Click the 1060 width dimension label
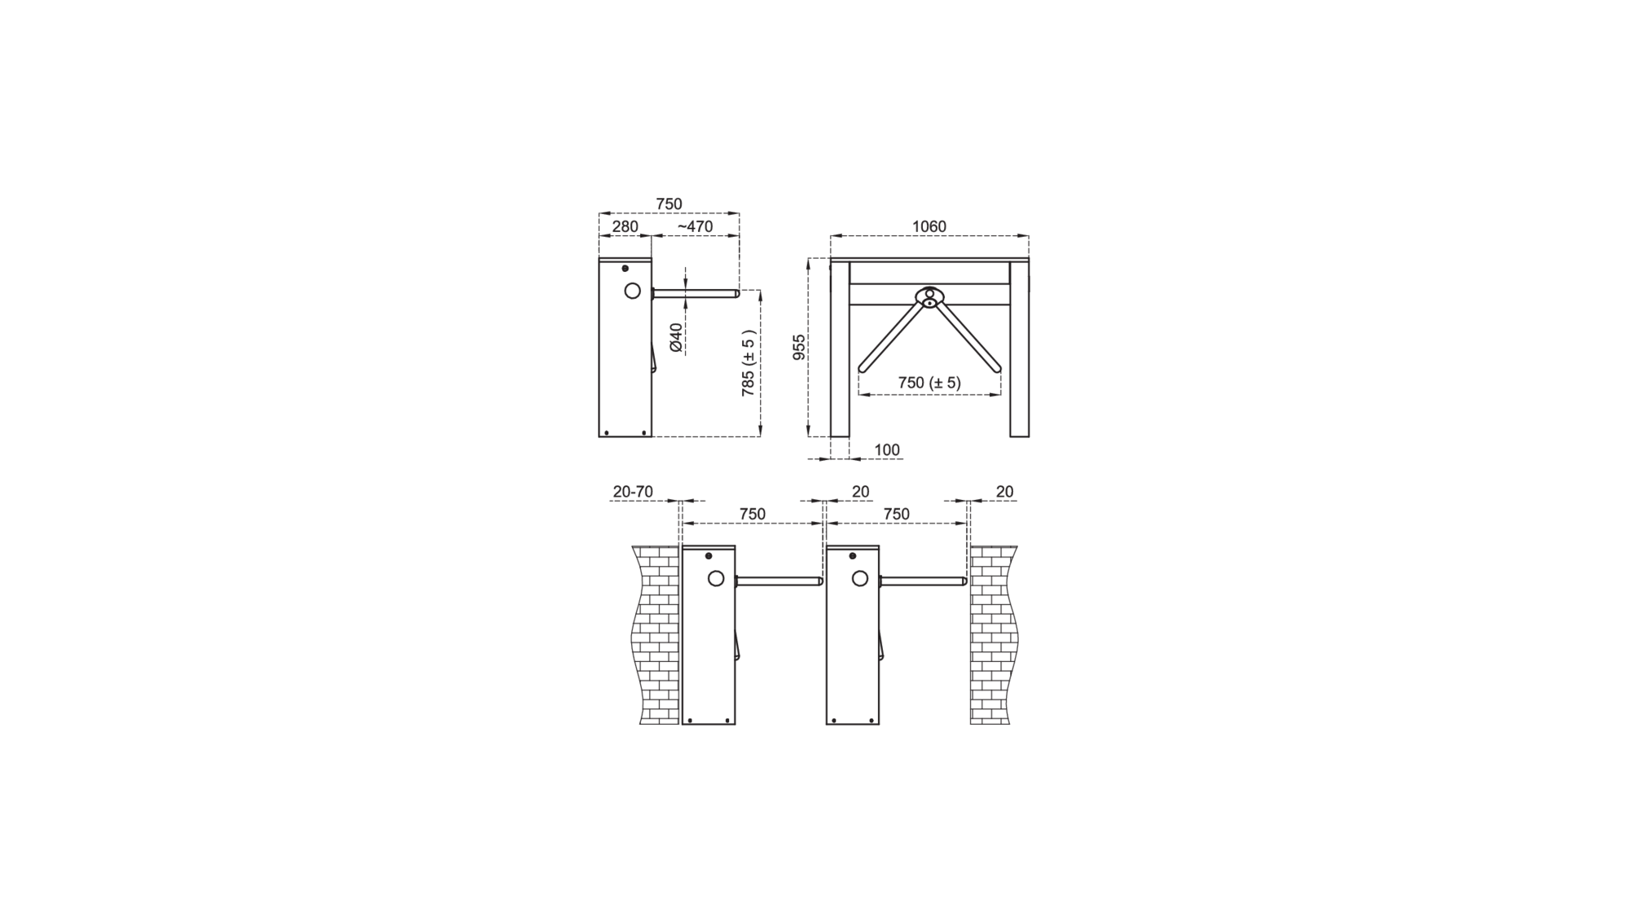coord(929,226)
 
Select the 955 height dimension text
coord(799,347)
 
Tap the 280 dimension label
coord(625,226)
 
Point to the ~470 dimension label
coord(695,226)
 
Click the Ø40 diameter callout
coord(676,337)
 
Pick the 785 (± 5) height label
coord(749,363)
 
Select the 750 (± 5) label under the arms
coord(929,383)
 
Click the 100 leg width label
coord(887,449)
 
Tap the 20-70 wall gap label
coord(633,492)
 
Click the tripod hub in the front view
coord(929,297)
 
